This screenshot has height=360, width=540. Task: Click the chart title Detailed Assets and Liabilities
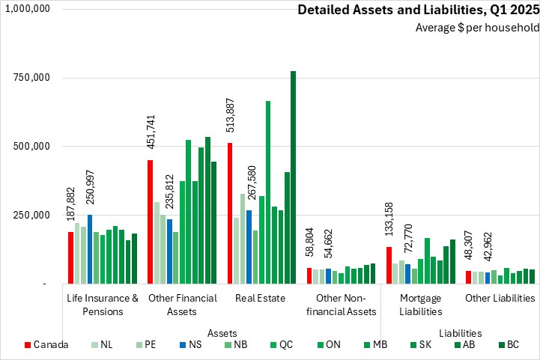pos(418,10)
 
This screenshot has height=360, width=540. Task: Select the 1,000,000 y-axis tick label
pos(28,8)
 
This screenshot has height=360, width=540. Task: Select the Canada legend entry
pos(46,345)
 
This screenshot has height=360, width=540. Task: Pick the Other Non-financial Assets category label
pos(342,304)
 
